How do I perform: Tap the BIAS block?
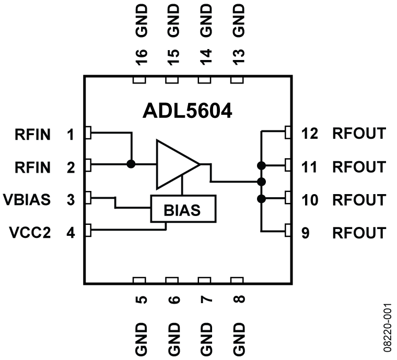pos(182,210)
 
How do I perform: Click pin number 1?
pos(71,135)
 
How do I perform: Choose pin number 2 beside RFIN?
pos(71,167)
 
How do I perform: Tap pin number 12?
pos(311,134)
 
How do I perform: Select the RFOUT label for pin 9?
pos(358,233)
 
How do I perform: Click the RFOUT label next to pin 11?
pos(358,167)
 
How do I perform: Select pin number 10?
pos(311,200)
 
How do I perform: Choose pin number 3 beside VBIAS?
pos(71,200)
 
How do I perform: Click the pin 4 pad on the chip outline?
pos(88,229)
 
